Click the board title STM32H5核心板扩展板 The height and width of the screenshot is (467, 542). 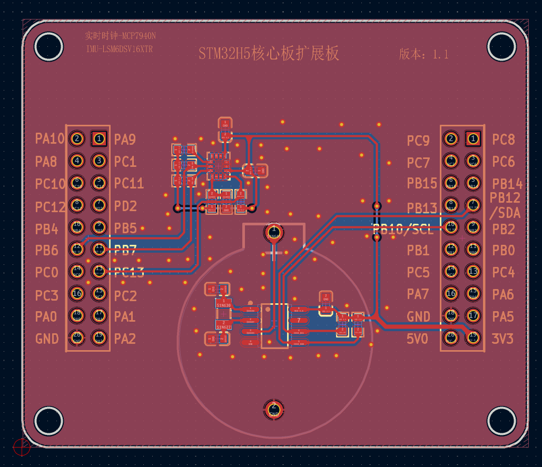click(269, 54)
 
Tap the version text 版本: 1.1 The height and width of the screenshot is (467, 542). click(423, 54)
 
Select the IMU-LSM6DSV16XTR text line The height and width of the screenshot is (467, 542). click(120, 49)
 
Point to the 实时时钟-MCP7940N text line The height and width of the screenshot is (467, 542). click(120, 36)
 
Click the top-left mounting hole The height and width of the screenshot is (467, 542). click(48, 46)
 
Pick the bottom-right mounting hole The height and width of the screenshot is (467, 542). click(501, 421)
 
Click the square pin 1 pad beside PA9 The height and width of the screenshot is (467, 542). click(98, 138)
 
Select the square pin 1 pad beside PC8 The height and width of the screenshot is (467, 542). click(473, 139)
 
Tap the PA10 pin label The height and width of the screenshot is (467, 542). click(50, 139)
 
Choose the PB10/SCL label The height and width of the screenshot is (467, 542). click(403, 229)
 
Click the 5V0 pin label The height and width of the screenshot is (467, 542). click(417, 339)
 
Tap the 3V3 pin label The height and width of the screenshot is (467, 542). click(502, 339)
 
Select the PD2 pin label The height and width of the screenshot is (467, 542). click(125, 206)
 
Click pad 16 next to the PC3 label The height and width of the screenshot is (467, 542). click(77, 294)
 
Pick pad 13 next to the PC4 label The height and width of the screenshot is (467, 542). click(473, 272)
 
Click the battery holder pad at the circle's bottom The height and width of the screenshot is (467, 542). click(273, 409)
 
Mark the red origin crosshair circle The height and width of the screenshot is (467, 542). click(22, 446)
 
